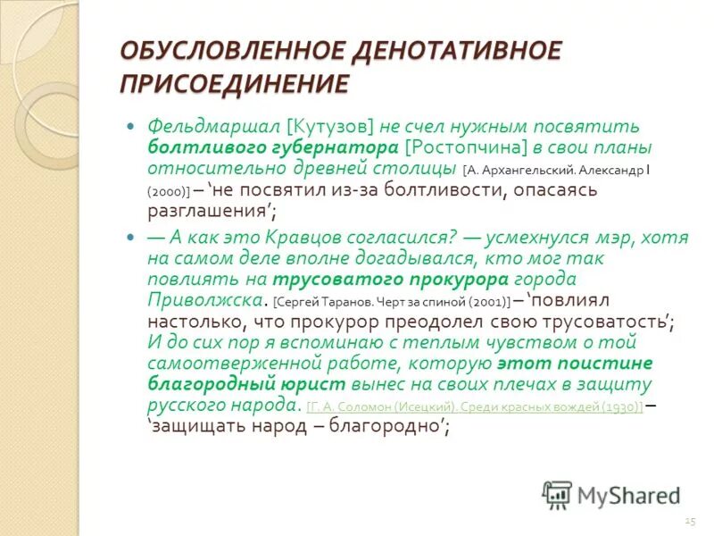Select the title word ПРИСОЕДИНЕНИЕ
234,85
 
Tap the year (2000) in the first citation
166,192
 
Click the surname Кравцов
303,238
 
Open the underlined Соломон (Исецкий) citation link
474,406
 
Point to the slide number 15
689,520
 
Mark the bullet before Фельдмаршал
131,127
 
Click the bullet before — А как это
131,238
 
